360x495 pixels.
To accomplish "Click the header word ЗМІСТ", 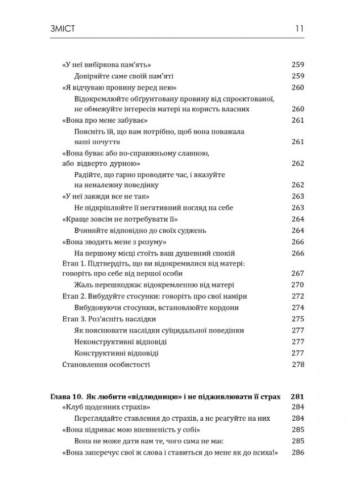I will [65, 29].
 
